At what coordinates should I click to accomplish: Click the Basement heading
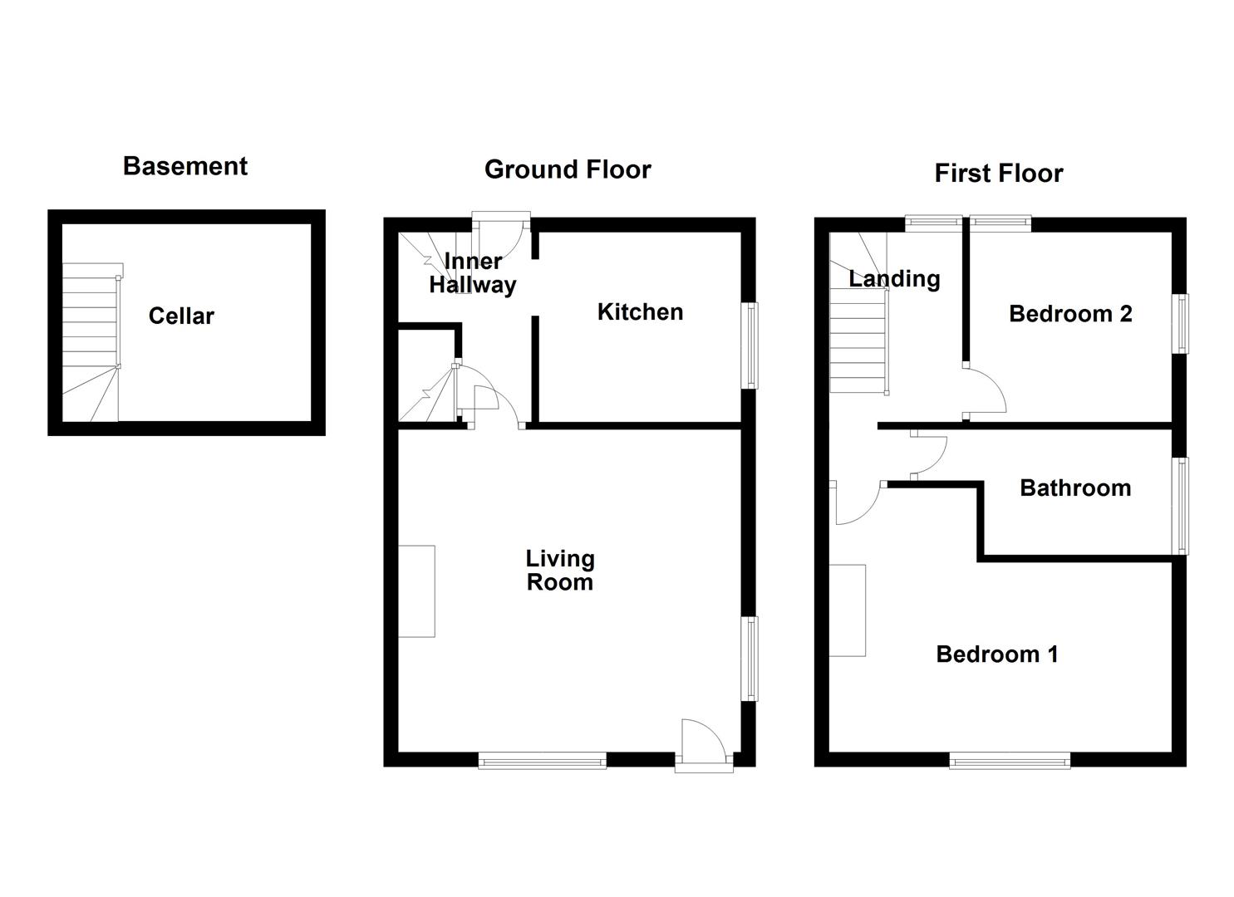coord(184,166)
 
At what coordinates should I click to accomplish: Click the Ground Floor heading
coord(568,169)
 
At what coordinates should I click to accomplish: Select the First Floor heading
coord(998,173)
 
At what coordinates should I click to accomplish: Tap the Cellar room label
coord(181,316)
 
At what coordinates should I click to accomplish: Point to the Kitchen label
coord(640,312)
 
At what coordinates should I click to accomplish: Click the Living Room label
coord(560,570)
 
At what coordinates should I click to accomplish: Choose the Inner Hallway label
coord(473,273)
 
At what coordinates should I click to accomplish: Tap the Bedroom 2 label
coord(1070,314)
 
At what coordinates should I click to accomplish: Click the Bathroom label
coord(1075,488)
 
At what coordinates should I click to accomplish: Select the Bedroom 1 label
coord(997,654)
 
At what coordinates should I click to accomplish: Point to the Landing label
coord(894,279)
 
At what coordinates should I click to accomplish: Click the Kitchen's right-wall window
coord(751,345)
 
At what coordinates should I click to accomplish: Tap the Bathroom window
coord(1180,505)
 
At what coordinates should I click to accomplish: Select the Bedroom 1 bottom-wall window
coord(1010,759)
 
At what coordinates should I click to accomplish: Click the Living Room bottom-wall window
coord(542,759)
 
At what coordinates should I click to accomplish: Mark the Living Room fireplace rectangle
coord(416,591)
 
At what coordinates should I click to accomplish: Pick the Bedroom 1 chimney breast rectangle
coord(847,610)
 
